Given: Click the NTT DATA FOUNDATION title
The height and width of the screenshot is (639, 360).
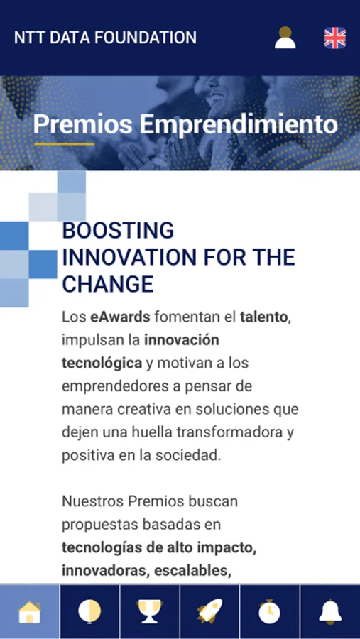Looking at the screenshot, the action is coord(105,38).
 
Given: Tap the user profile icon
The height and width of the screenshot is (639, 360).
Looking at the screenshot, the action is coord(285,38).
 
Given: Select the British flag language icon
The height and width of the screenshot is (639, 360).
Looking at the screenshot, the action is coord(335,38).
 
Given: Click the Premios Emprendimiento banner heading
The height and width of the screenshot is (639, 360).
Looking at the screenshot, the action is coord(185,124).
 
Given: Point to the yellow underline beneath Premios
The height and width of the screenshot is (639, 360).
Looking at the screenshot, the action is coord(64,144).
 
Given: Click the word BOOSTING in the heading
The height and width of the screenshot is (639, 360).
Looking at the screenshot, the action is coord(118,231).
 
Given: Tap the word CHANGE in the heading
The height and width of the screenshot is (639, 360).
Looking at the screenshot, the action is coord(108,284).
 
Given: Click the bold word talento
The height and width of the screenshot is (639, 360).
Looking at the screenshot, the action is coord(263,317).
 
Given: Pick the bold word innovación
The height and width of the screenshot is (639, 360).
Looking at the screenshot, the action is coord(182,340).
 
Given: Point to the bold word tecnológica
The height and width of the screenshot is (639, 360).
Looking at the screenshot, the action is coord(102,363).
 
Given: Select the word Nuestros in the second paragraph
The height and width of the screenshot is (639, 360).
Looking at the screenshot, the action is coord(92,501).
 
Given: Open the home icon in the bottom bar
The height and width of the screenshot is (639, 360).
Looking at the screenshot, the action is coord(30,612).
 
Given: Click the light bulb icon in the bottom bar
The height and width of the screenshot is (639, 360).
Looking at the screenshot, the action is coord(89,612).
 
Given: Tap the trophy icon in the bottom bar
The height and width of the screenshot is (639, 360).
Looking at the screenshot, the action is coord(149,612).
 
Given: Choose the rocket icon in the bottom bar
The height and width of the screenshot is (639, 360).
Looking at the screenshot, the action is coord(209,611).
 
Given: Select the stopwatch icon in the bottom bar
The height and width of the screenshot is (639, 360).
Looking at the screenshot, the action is coord(270,611).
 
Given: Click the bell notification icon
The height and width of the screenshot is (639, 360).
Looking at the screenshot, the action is coord(330,612).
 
